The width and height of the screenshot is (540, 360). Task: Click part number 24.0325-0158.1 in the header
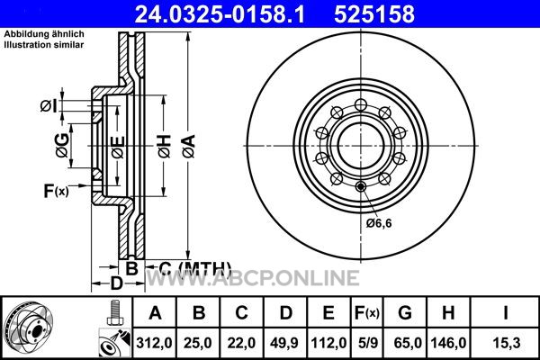(x=220, y=14)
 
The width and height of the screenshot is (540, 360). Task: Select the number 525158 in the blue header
(x=374, y=14)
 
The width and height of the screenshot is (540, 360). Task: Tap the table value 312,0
(x=154, y=343)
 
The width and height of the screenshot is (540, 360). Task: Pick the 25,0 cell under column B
(x=198, y=343)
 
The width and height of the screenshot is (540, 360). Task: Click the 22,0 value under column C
(x=241, y=343)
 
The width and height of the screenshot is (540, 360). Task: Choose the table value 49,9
(x=284, y=343)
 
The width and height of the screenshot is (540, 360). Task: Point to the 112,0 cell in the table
(x=328, y=343)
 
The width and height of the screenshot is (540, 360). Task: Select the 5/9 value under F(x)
(x=368, y=343)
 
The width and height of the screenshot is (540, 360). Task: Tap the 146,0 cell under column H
(x=448, y=343)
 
